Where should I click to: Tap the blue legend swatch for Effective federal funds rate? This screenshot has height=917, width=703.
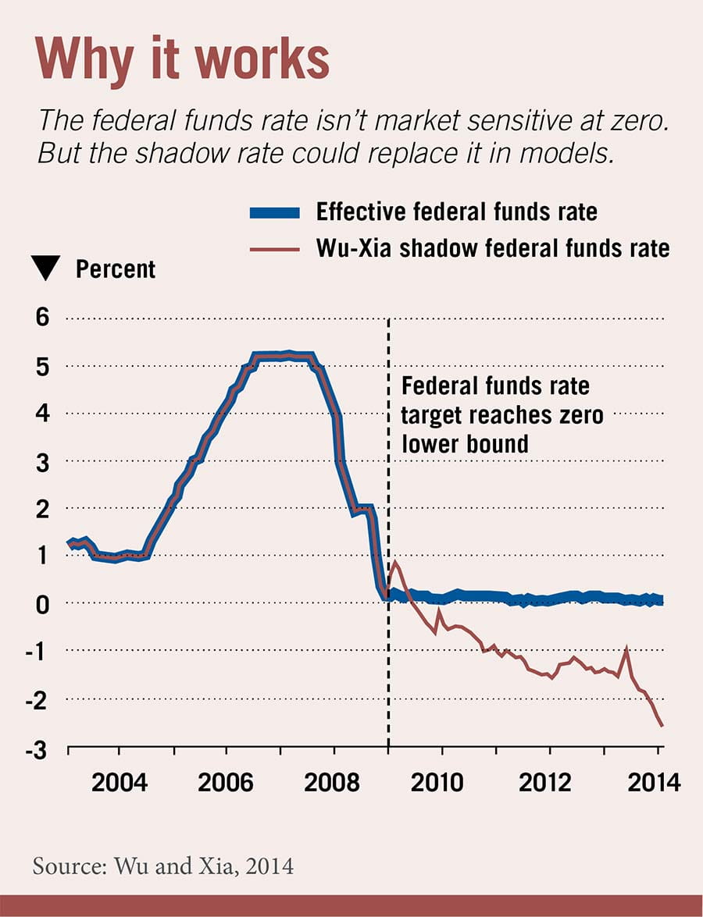pyautogui.click(x=274, y=211)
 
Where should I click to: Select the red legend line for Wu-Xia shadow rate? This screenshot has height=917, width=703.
pyautogui.click(x=274, y=248)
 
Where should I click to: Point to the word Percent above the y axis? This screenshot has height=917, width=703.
pyautogui.click(x=116, y=270)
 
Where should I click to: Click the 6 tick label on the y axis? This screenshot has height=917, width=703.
pyautogui.click(x=42, y=318)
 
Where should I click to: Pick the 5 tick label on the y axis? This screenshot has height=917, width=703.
pyautogui.click(x=42, y=366)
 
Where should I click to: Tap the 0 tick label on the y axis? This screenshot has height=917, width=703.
pyautogui.click(x=42, y=603)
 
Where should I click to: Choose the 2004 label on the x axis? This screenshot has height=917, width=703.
pyautogui.click(x=118, y=783)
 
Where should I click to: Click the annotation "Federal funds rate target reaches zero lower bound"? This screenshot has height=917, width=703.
pyautogui.click(x=501, y=414)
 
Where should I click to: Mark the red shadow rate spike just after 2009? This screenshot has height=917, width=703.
pyautogui.click(x=395, y=561)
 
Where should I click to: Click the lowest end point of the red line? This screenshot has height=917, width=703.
pyautogui.click(x=662, y=727)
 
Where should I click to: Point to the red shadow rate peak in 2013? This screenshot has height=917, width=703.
pyautogui.click(x=626, y=647)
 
